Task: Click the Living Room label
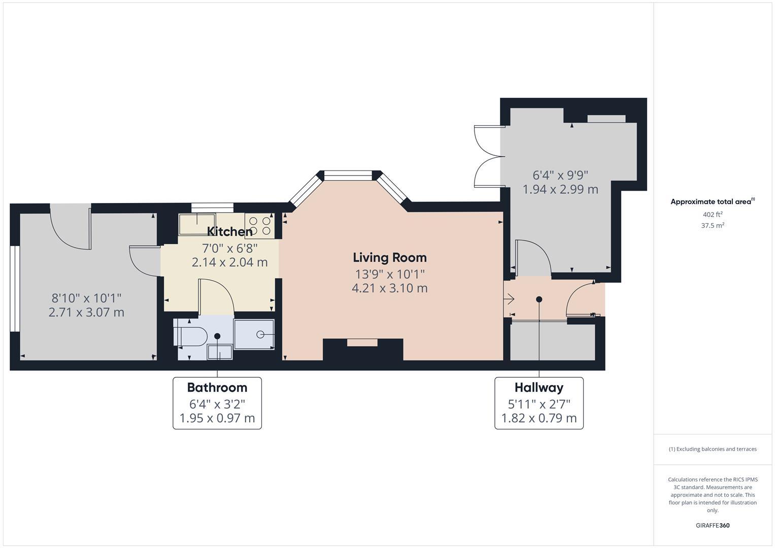click(x=390, y=258)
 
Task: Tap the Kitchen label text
click(x=230, y=231)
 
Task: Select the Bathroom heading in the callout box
click(x=217, y=388)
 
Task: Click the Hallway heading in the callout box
click(x=539, y=388)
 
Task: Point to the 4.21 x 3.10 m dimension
click(x=390, y=288)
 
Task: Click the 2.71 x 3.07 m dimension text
click(x=86, y=312)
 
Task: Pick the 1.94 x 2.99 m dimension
click(x=560, y=189)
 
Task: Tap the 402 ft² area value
click(x=713, y=215)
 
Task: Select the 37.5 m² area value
click(x=713, y=226)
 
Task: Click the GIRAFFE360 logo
click(x=713, y=526)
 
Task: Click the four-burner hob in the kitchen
click(x=260, y=226)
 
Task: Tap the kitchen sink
click(x=197, y=224)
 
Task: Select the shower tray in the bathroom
click(x=254, y=334)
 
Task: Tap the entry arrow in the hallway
click(x=509, y=298)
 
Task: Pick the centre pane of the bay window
click(x=347, y=176)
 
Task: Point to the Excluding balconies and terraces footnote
click(x=713, y=449)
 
